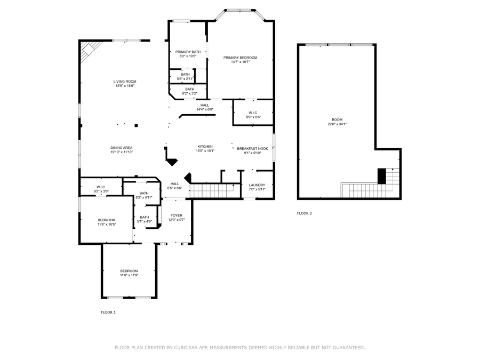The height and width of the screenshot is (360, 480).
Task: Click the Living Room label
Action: [x=125, y=82]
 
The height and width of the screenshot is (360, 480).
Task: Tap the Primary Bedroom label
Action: [x=241, y=58]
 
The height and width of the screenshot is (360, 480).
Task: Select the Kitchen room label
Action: [x=205, y=146]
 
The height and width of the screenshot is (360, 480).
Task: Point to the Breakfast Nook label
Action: [x=253, y=148]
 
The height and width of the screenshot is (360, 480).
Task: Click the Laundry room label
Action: [x=257, y=185]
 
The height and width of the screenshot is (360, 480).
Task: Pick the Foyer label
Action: [x=177, y=215]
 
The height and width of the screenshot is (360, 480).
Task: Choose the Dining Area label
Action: [x=122, y=148]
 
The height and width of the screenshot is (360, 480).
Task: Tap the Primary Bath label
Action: [x=188, y=52]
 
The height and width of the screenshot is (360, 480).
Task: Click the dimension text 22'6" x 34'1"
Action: [x=337, y=124]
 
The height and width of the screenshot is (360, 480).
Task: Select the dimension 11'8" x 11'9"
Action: [x=129, y=275]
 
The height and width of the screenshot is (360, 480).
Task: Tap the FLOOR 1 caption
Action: [x=108, y=312]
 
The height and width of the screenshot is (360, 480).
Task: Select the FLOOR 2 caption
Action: [x=305, y=213]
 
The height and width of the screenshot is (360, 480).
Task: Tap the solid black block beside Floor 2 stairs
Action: [x=381, y=176]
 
